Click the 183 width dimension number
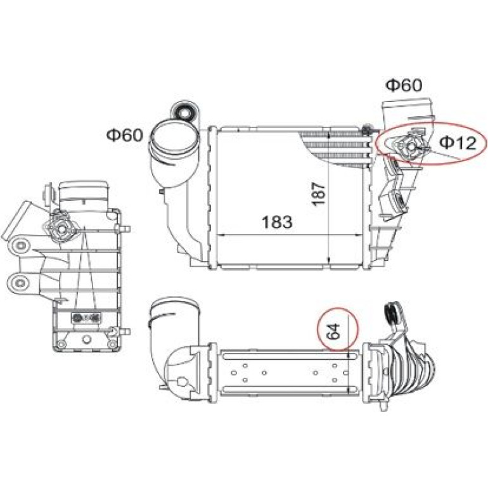pyautogui.click(x=277, y=222)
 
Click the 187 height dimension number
pyautogui.click(x=319, y=193)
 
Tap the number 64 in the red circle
pyautogui.click(x=333, y=331)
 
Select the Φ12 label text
pyautogui.click(x=458, y=143)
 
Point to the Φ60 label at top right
pyautogui.click(x=404, y=85)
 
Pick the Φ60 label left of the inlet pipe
pyautogui.click(x=124, y=135)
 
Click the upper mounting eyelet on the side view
pyautogui.click(x=21, y=245)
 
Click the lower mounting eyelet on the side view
pyautogui.click(x=21, y=283)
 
